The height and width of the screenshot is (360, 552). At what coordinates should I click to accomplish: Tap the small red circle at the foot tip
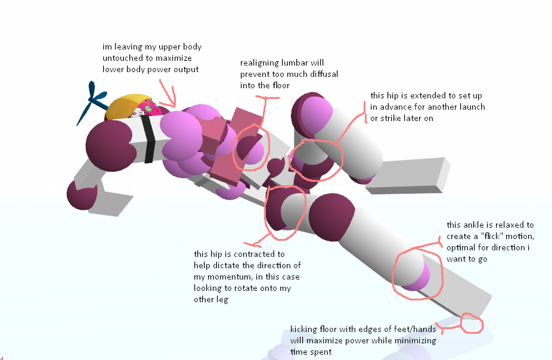472,322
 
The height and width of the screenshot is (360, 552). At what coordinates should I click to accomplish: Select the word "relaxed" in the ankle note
503,225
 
